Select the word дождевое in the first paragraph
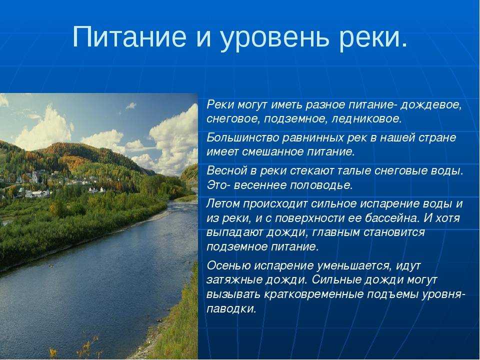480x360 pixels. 431,105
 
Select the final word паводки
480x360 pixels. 231,309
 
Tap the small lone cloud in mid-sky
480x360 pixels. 131,106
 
